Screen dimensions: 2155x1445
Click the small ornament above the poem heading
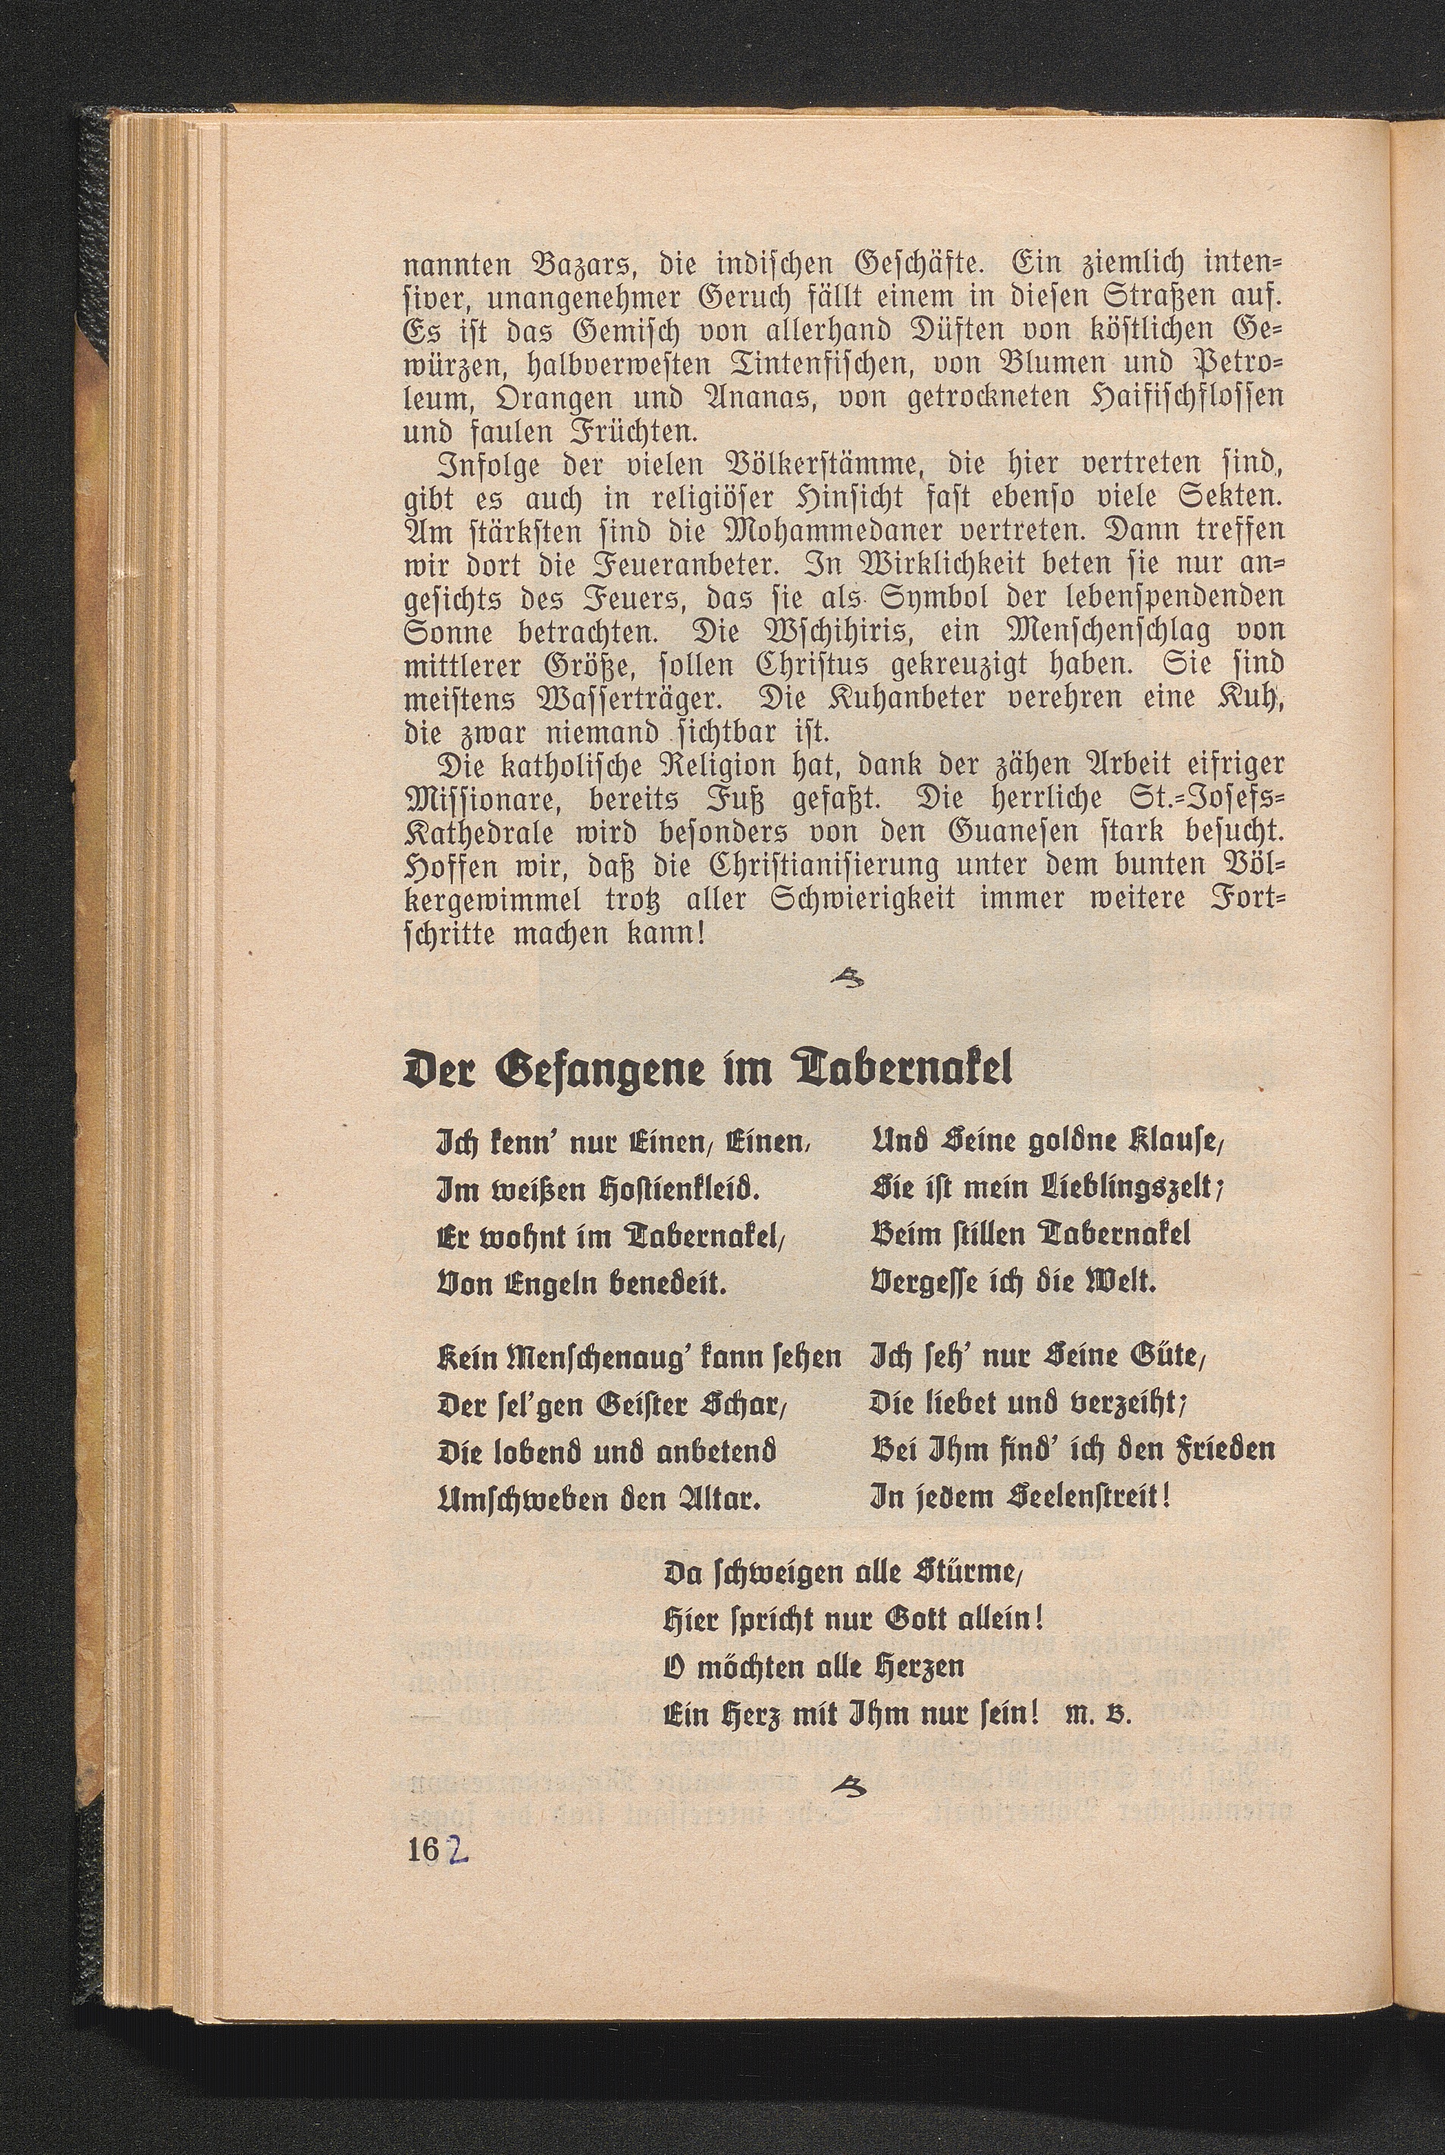point(846,979)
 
